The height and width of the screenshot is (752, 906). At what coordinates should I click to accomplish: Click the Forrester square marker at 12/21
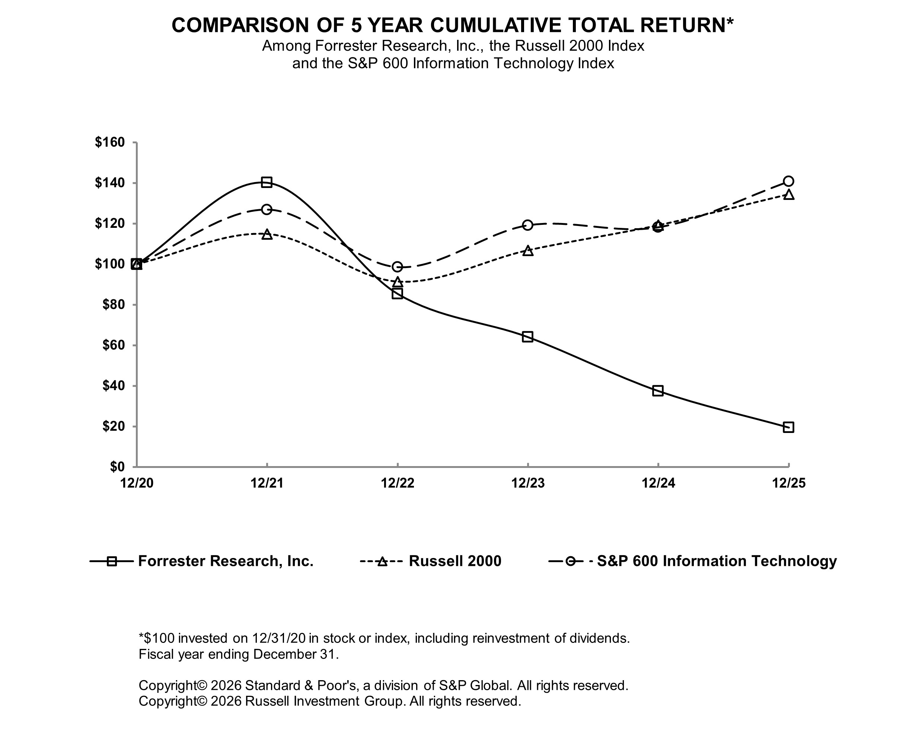pos(267,182)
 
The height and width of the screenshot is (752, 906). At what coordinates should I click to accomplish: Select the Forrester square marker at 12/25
pos(788,427)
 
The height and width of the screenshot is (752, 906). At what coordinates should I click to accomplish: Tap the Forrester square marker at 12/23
pos(527,337)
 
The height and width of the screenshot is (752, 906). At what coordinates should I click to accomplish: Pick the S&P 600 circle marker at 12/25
pos(788,181)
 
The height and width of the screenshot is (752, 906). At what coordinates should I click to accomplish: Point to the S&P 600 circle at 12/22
pos(397,267)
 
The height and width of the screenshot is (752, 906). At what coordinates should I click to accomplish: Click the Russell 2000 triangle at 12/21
pos(267,235)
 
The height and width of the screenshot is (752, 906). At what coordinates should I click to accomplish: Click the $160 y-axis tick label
pos(109,142)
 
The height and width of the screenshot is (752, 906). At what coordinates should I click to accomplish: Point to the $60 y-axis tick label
pos(113,345)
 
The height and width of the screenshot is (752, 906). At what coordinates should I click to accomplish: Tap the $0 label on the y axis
pos(117,466)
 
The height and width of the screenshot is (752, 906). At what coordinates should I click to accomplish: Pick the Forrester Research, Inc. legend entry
pos(225,561)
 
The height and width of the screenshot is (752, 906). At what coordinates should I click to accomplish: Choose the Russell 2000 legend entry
pos(455,561)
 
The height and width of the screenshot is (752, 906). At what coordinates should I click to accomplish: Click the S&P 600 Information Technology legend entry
pos(717,561)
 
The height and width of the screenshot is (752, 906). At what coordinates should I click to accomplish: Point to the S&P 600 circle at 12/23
pos(527,225)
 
